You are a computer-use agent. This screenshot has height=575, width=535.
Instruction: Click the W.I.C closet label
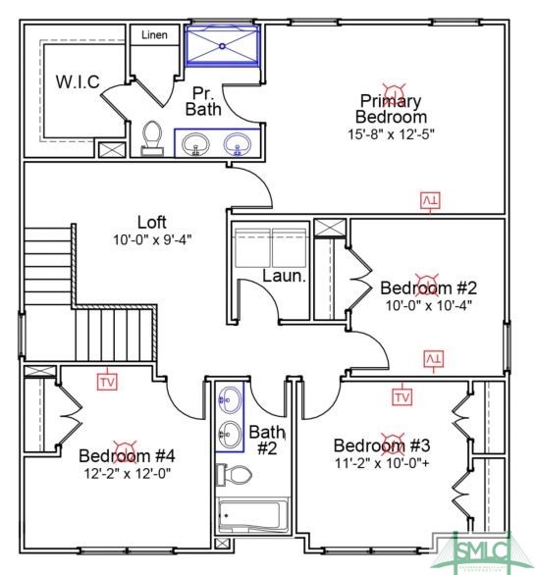point(77,81)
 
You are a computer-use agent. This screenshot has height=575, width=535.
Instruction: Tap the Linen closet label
point(154,35)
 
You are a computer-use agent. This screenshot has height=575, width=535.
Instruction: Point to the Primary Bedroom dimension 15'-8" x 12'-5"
point(390,132)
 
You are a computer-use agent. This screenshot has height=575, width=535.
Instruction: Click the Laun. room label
point(284,277)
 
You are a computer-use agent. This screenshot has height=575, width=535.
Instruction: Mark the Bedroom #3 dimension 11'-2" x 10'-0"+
point(382,461)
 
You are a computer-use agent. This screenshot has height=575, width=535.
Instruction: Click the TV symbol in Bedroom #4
point(107,381)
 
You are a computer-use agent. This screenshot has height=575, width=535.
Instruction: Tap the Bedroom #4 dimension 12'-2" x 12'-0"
point(127,472)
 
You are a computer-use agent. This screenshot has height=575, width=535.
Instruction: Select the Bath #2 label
point(266,439)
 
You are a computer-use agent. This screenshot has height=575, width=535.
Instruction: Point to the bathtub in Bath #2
point(250,515)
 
